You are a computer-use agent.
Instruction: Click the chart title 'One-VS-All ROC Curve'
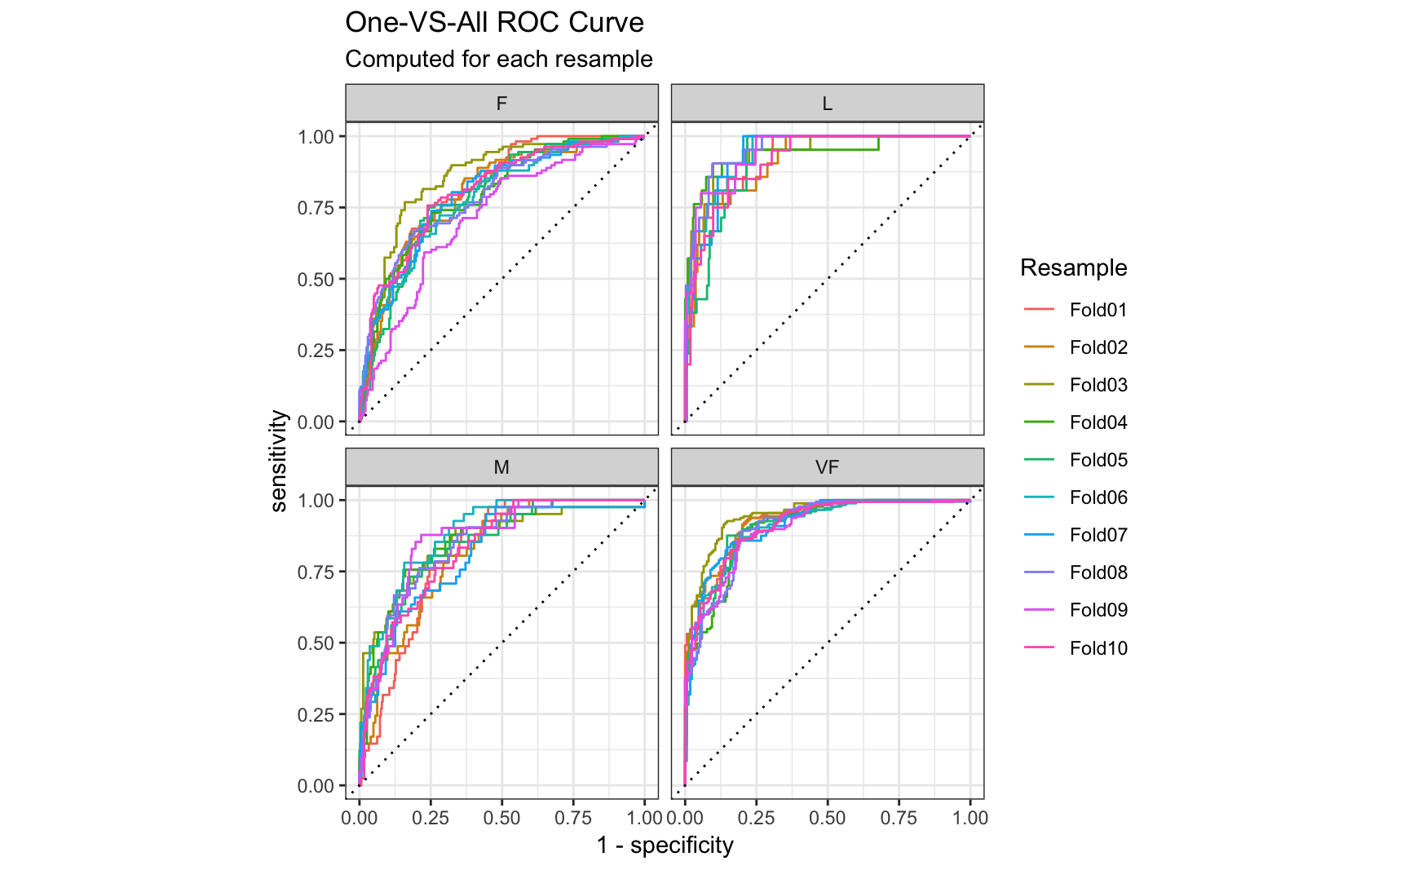click(494, 23)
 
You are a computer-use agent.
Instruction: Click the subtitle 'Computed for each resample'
click(498, 60)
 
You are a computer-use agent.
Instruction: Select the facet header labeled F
click(501, 104)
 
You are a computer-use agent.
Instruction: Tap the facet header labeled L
click(827, 104)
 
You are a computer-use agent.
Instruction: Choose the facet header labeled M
click(501, 467)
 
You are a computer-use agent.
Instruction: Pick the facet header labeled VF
click(827, 467)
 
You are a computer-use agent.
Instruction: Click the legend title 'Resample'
click(1073, 267)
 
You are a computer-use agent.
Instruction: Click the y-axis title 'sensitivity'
click(279, 461)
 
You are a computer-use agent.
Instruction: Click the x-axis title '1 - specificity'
click(665, 846)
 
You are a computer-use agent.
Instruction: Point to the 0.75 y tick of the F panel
click(316, 208)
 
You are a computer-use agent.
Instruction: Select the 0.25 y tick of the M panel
click(316, 715)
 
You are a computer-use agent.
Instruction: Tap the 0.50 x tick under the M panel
click(501, 818)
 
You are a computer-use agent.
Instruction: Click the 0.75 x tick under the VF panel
click(899, 818)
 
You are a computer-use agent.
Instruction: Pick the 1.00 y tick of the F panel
click(316, 137)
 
